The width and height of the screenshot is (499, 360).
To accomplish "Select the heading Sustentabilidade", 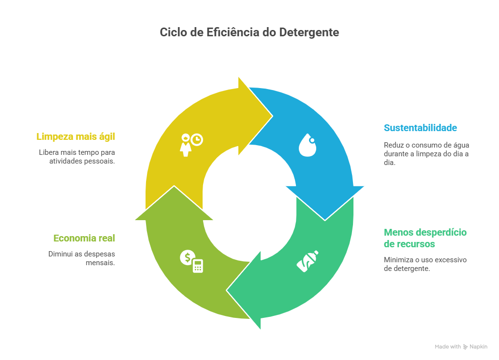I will (x=420, y=128).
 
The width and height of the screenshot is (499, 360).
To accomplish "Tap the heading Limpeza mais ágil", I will (x=75, y=136).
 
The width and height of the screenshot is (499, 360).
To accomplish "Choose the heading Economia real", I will (x=84, y=238).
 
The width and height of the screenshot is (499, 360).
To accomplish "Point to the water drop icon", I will (x=307, y=145).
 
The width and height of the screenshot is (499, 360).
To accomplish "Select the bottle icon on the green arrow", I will (x=308, y=261).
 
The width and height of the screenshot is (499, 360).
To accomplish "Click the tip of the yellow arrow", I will (x=272, y=116).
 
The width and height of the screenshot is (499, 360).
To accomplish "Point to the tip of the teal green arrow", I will (x=227, y=290).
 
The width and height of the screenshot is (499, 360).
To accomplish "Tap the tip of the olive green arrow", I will (x=174, y=187).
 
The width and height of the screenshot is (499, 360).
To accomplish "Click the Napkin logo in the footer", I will (x=475, y=346).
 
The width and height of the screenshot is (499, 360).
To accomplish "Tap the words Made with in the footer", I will (x=447, y=346).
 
